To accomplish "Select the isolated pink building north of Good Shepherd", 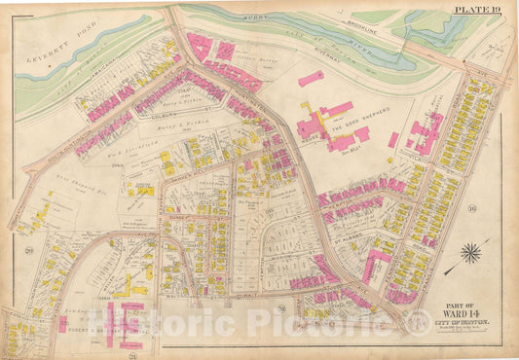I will click(311, 78).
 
